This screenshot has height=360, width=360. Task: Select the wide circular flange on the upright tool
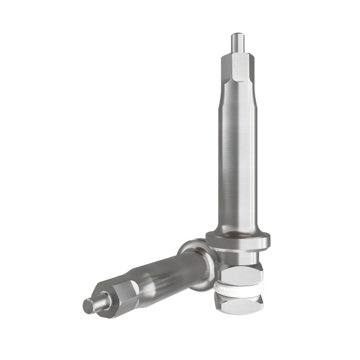tap(238, 241)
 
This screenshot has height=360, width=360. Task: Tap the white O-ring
tap(239, 288)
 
